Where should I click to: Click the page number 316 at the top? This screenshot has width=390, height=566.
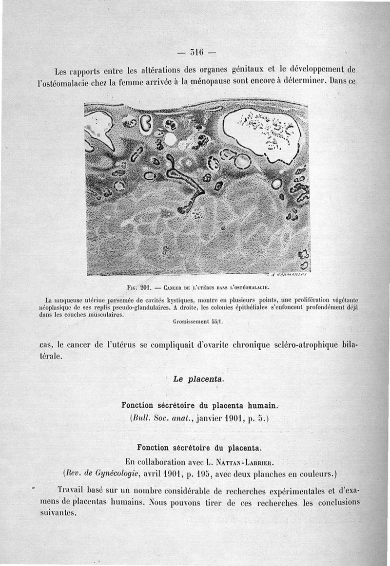coord(197,52)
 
